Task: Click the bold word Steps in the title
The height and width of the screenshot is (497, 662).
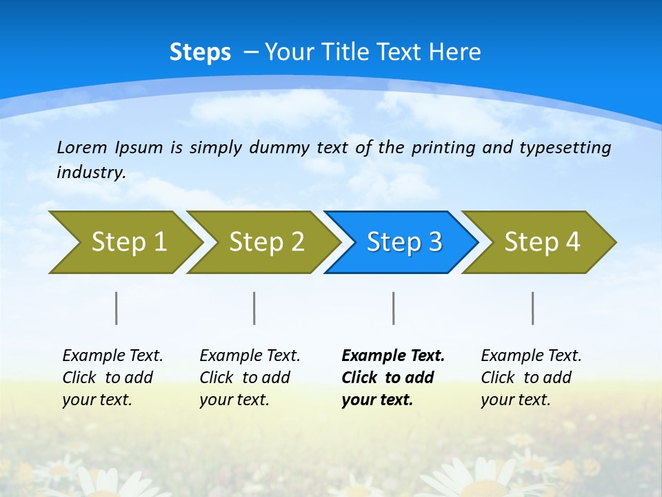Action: (200, 52)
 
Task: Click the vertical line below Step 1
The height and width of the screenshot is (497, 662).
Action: (117, 308)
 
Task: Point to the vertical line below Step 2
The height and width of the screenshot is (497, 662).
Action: (254, 308)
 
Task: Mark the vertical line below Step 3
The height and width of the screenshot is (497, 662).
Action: (393, 308)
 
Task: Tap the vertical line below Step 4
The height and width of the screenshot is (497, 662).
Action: (532, 308)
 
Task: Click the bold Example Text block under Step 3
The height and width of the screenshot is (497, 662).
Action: (392, 378)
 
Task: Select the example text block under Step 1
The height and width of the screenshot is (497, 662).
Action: (112, 378)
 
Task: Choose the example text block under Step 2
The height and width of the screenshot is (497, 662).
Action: (250, 378)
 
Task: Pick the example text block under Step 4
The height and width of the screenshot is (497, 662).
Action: (531, 378)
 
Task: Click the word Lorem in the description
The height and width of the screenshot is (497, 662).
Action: (82, 148)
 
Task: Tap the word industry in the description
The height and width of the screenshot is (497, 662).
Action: (90, 173)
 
